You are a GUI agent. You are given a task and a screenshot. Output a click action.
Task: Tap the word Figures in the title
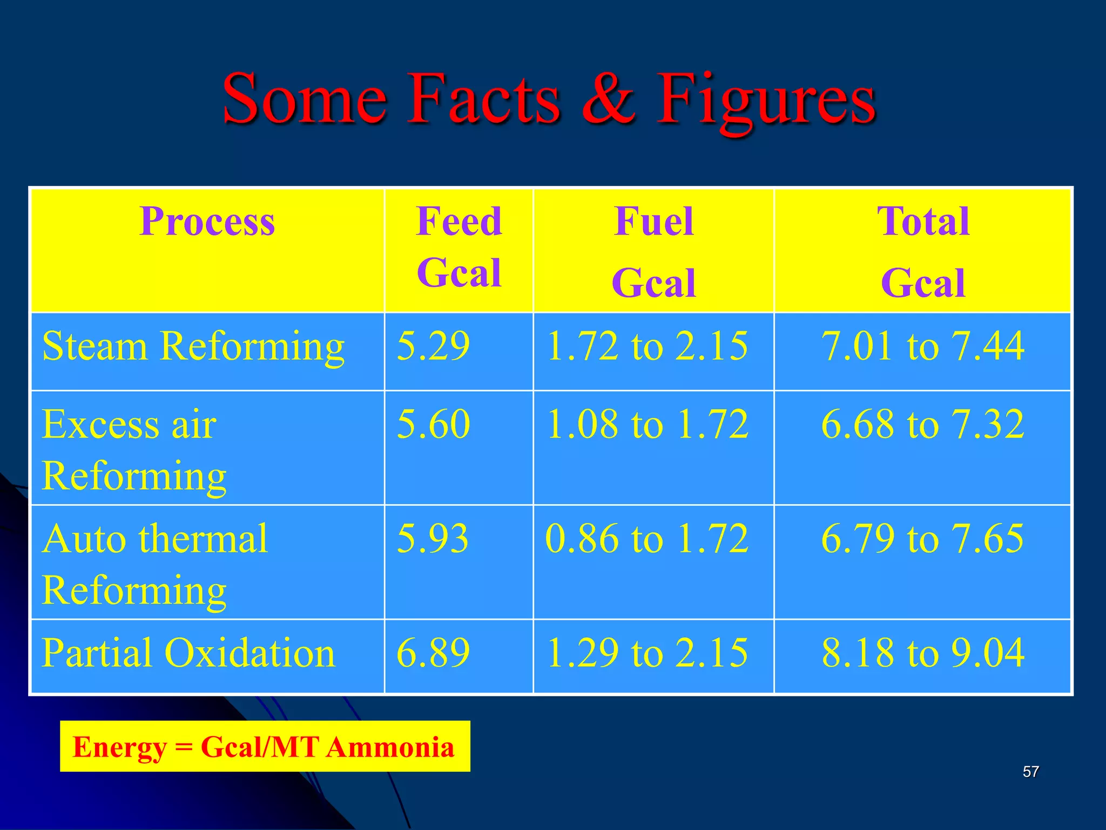[765, 100]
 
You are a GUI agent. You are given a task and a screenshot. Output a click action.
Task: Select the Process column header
[207, 222]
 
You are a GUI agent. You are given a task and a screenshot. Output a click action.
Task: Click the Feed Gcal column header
[458, 247]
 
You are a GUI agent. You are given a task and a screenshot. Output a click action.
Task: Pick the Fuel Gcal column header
[653, 252]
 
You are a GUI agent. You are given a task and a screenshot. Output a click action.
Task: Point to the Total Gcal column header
[922, 252]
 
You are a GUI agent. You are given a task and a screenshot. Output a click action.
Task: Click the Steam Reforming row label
[193, 346]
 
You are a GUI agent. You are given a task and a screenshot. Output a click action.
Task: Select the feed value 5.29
[433, 346]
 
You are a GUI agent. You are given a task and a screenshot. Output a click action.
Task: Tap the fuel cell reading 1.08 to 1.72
[647, 424]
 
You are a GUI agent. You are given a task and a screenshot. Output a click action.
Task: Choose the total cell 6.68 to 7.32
[922, 424]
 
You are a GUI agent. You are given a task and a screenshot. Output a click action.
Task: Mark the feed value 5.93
[433, 539]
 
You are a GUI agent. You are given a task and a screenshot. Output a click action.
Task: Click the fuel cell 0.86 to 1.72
[647, 539]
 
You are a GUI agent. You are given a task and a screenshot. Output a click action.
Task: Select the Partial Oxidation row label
[188, 653]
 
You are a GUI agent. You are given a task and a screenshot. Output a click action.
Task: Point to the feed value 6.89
[433, 653]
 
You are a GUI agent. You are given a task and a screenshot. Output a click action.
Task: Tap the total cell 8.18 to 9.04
[922, 653]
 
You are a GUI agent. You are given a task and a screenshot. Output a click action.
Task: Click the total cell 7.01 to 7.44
[922, 346]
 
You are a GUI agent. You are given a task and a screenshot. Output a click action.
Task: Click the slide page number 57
[1030, 772]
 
